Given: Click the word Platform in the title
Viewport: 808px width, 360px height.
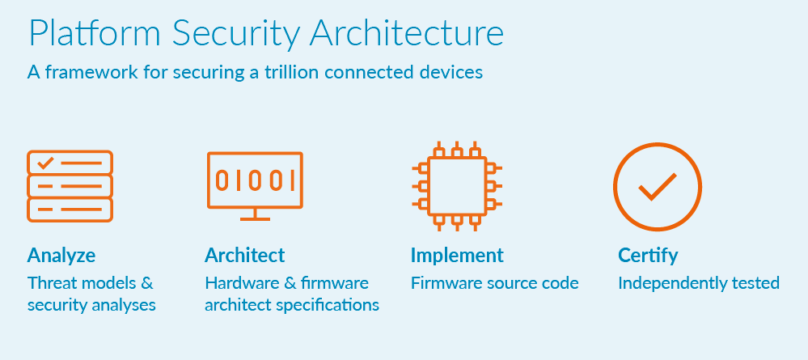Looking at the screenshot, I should click(86, 33).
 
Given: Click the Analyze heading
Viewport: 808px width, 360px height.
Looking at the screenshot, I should click(61, 256).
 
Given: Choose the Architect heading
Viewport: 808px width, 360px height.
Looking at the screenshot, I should click(245, 256).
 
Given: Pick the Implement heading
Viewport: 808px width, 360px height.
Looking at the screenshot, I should click(457, 256).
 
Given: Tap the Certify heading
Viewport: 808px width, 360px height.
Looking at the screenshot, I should click(648, 256).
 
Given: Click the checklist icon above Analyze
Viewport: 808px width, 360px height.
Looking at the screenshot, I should click(70, 186).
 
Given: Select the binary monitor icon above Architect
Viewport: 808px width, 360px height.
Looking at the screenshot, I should click(255, 180).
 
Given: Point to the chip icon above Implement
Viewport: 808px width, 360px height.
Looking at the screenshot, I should click(457, 185).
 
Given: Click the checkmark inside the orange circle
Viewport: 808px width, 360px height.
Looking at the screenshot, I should click(657, 188).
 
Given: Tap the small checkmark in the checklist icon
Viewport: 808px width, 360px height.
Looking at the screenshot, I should click(45, 163).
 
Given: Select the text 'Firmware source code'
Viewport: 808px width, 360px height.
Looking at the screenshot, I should click(495, 283).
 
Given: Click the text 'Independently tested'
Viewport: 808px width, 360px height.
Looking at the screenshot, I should click(699, 283).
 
